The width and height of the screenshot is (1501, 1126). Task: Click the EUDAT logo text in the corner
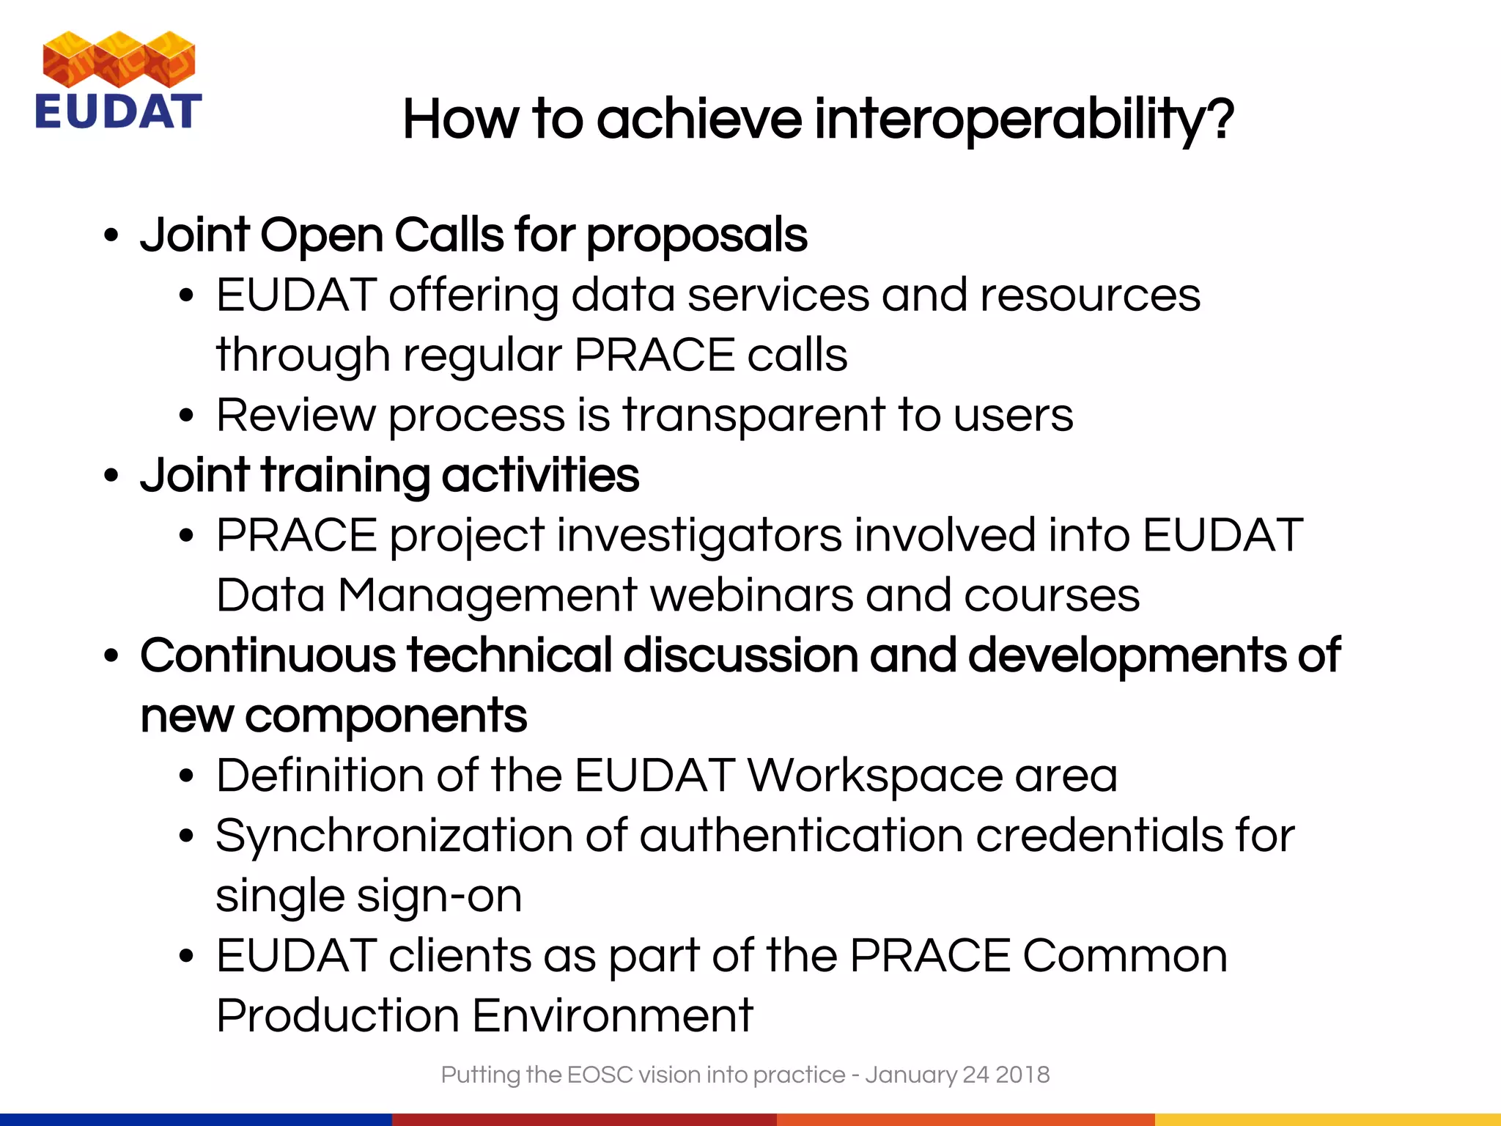coord(118,111)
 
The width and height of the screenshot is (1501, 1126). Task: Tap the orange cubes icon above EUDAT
coord(119,59)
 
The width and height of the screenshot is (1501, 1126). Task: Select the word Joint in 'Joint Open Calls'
coord(195,235)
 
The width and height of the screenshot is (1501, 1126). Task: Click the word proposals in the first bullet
coord(697,237)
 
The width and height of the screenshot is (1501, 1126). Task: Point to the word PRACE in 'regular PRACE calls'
coord(654,356)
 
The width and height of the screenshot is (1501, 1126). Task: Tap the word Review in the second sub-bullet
coord(295,415)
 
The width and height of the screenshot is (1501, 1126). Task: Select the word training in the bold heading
coord(345,476)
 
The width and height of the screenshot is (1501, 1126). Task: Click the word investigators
coord(700,536)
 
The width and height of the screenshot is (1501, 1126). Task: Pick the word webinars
coord(751,595)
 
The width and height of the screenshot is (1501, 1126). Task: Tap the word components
coord(386,716)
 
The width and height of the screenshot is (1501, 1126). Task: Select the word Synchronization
coord(394,836)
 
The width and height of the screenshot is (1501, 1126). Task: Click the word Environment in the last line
coord(612,1015)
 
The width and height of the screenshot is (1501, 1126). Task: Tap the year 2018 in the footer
coord(1023,1075)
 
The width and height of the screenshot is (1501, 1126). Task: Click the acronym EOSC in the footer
coord(600,1075)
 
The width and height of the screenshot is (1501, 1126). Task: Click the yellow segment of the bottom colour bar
coord(1327,1119)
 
